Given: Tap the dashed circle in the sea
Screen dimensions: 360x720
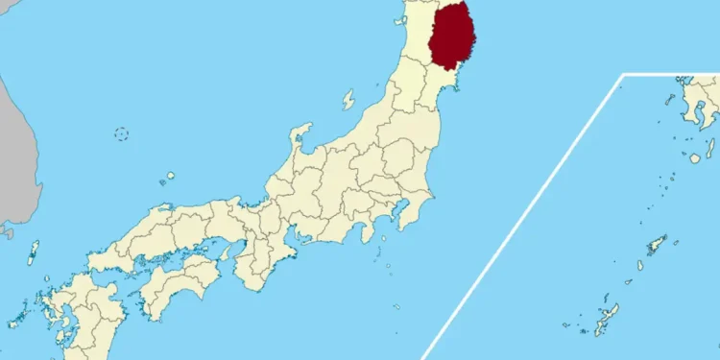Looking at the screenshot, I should click(x=122, y=133).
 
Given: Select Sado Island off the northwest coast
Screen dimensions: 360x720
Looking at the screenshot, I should click(x=348, y=99).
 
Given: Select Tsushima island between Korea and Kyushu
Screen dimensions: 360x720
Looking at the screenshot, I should click(x=34, y=252).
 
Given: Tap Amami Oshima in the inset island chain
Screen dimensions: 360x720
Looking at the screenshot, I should click(x=657, y=244).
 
